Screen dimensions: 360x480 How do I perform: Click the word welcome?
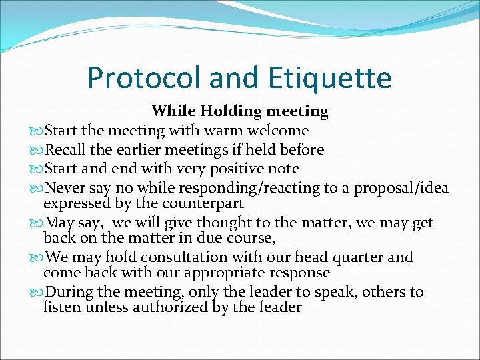click(x=277, y=131)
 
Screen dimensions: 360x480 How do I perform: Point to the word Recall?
click(x=66, y=150)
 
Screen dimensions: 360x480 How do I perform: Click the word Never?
click(x=65, y=189)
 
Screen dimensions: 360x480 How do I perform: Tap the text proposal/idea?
click(x=401, y=189)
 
